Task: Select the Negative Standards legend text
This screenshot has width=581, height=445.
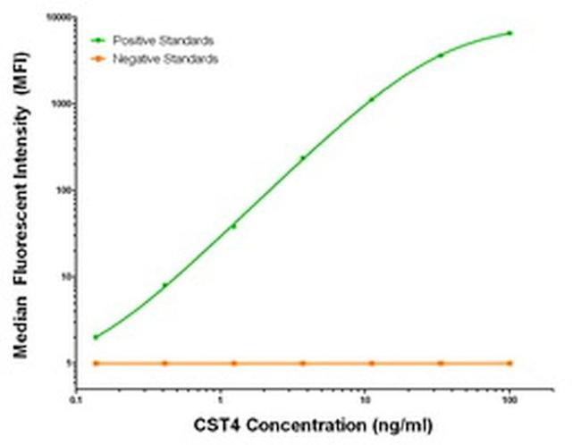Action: click(173, 58)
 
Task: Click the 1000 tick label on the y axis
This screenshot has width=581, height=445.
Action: click(58, 105)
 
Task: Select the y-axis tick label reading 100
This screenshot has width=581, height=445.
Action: click(61, 190)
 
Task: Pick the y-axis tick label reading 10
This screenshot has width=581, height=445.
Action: click(63, 277)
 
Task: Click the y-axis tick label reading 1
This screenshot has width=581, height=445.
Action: click(66, 363)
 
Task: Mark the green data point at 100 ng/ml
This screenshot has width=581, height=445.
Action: click(509, 33)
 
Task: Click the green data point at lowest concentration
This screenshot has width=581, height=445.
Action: click(96, 337)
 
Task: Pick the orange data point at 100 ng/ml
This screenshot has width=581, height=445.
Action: click(509, 363)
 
